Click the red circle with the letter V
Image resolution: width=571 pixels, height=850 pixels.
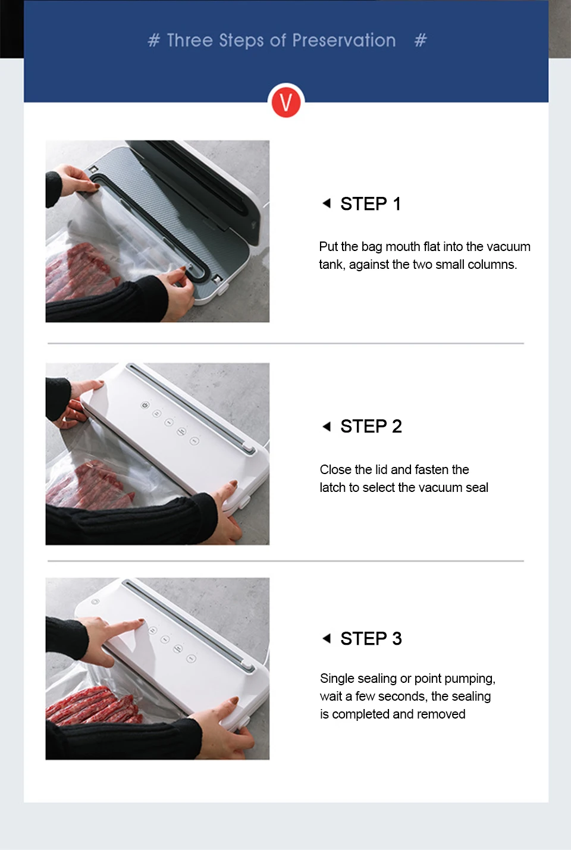[x=286, y=102]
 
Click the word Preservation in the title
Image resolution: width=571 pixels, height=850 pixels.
[x=344, y=40]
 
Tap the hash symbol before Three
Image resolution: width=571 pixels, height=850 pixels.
[x=153, y=40]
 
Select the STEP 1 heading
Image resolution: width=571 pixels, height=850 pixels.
[x=371, y=204]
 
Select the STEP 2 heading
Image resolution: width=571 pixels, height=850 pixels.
[x=371, y=426]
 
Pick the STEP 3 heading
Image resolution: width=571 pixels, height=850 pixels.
[x=371, y=638]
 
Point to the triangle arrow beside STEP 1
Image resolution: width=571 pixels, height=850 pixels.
[x=327, y=203]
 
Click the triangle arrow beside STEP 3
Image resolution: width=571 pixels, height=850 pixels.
[x=327, y=638]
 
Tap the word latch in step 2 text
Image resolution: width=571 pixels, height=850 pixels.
[x=332, y=487]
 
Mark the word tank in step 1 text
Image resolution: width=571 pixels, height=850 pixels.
[x=332, y=265]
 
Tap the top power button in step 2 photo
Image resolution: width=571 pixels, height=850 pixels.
[x=145, y=405]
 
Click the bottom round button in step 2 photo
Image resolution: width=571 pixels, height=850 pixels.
[x=194, y=441]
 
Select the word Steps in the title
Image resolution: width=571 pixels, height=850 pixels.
[x=241, y=41]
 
